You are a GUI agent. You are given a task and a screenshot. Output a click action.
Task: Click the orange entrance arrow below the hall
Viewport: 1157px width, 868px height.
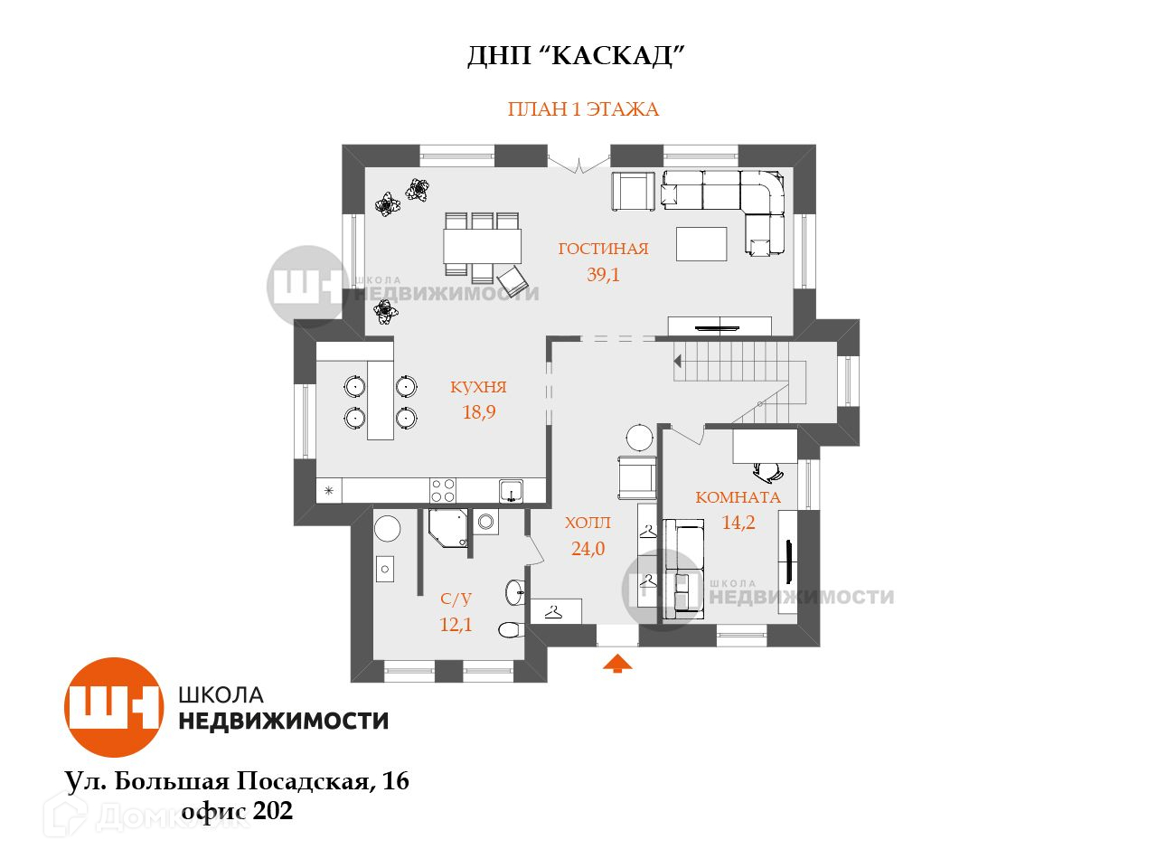pos(617,665)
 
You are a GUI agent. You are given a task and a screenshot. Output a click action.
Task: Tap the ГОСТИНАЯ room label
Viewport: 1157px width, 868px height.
pos(603,249)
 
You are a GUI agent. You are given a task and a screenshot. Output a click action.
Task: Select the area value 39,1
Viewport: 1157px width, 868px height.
pos(603,275)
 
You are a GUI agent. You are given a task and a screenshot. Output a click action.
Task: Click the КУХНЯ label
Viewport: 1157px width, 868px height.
pos(478,387)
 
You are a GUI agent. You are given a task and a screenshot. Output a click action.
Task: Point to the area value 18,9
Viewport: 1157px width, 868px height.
pos(478,412)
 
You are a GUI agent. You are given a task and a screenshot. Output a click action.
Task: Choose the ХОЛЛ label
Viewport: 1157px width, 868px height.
pos(588,523)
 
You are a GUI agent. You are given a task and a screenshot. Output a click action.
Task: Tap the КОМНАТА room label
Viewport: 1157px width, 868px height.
pos(738,497)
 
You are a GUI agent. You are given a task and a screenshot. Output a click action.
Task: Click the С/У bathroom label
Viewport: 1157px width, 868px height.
pos(456,599)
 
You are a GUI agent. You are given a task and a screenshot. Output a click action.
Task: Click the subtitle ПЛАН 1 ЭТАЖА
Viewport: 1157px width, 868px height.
pos(583,109)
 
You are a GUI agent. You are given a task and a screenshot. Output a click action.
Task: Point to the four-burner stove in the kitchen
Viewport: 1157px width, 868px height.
pos(443,490)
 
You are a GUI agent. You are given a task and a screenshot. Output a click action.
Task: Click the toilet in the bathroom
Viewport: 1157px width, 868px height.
pos(508,630)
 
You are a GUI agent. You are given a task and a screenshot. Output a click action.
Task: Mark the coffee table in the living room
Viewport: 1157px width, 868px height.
pos(701,244)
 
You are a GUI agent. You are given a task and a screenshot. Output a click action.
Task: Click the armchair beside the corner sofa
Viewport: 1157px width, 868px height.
pos(633,191)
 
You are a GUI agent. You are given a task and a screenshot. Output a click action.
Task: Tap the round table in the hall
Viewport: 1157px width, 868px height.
pos(640,438)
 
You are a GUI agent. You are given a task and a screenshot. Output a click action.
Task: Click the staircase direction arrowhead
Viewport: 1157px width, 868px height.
pos(677,361)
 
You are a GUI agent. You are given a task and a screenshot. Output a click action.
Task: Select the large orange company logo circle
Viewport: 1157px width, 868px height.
pos(113,707)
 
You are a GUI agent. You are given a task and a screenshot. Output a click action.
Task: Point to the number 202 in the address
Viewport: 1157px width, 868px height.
pos(273,811)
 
